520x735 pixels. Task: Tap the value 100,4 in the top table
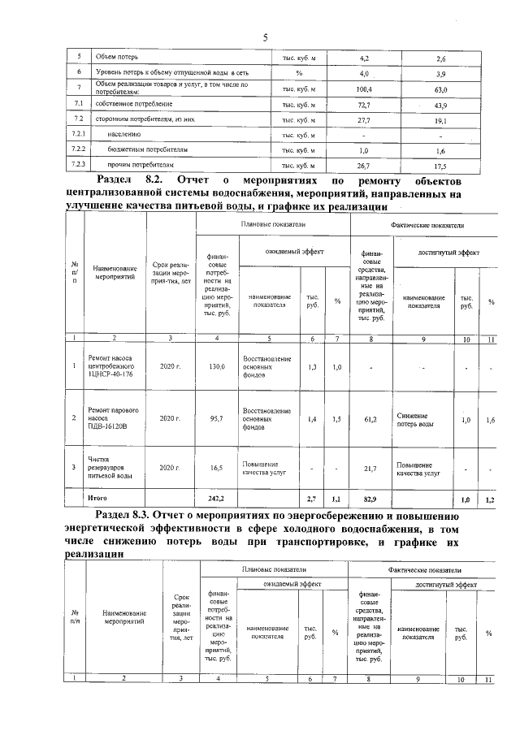[x=364, y=89]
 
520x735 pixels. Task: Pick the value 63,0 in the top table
[x=441, y=89]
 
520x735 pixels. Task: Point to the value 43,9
[x=441, y=106]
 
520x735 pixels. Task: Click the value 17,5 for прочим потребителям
[x=441, y=166]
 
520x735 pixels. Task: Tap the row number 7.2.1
[x=79, y=135]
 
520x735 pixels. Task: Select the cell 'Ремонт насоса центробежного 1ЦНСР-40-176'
[x=111, y=366]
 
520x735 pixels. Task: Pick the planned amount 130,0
[x=216, y=367]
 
